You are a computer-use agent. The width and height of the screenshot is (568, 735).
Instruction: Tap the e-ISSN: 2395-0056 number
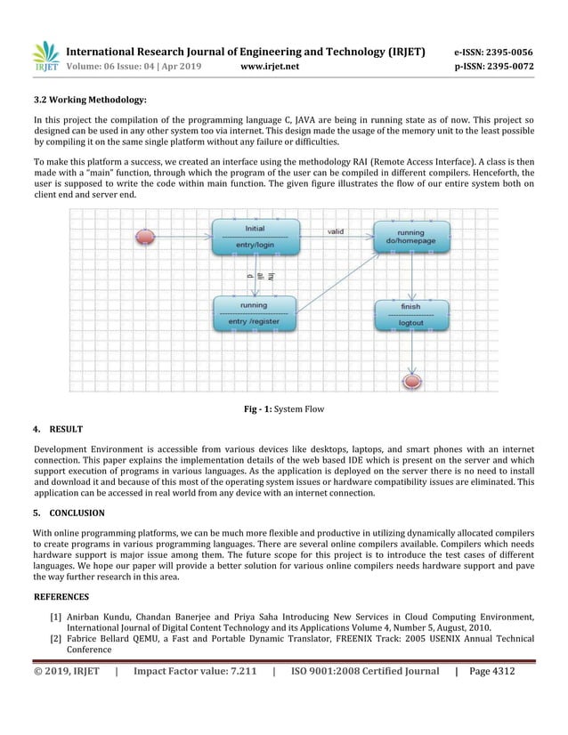pyautogui.click(x=494, y=52)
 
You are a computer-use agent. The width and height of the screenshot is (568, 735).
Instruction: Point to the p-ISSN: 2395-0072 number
pyautogui.click(x=494, y=67)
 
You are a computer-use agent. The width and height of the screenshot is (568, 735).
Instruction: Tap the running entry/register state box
pyautogui.click(x=255, y=313)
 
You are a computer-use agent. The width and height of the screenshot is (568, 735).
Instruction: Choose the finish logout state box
pyautogui.click(x=410, y=314)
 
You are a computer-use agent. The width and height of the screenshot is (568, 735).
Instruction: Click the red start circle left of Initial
pyautogui.click(x=143, y=237)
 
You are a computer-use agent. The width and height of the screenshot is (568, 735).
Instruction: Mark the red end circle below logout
pyautogui.click(x=411, y=381)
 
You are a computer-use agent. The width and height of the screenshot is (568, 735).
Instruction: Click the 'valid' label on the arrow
pyautogui.click(x=336, y=230)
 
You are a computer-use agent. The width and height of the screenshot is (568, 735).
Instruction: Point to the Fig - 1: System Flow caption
pyautogui.click(x=284, y=409)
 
